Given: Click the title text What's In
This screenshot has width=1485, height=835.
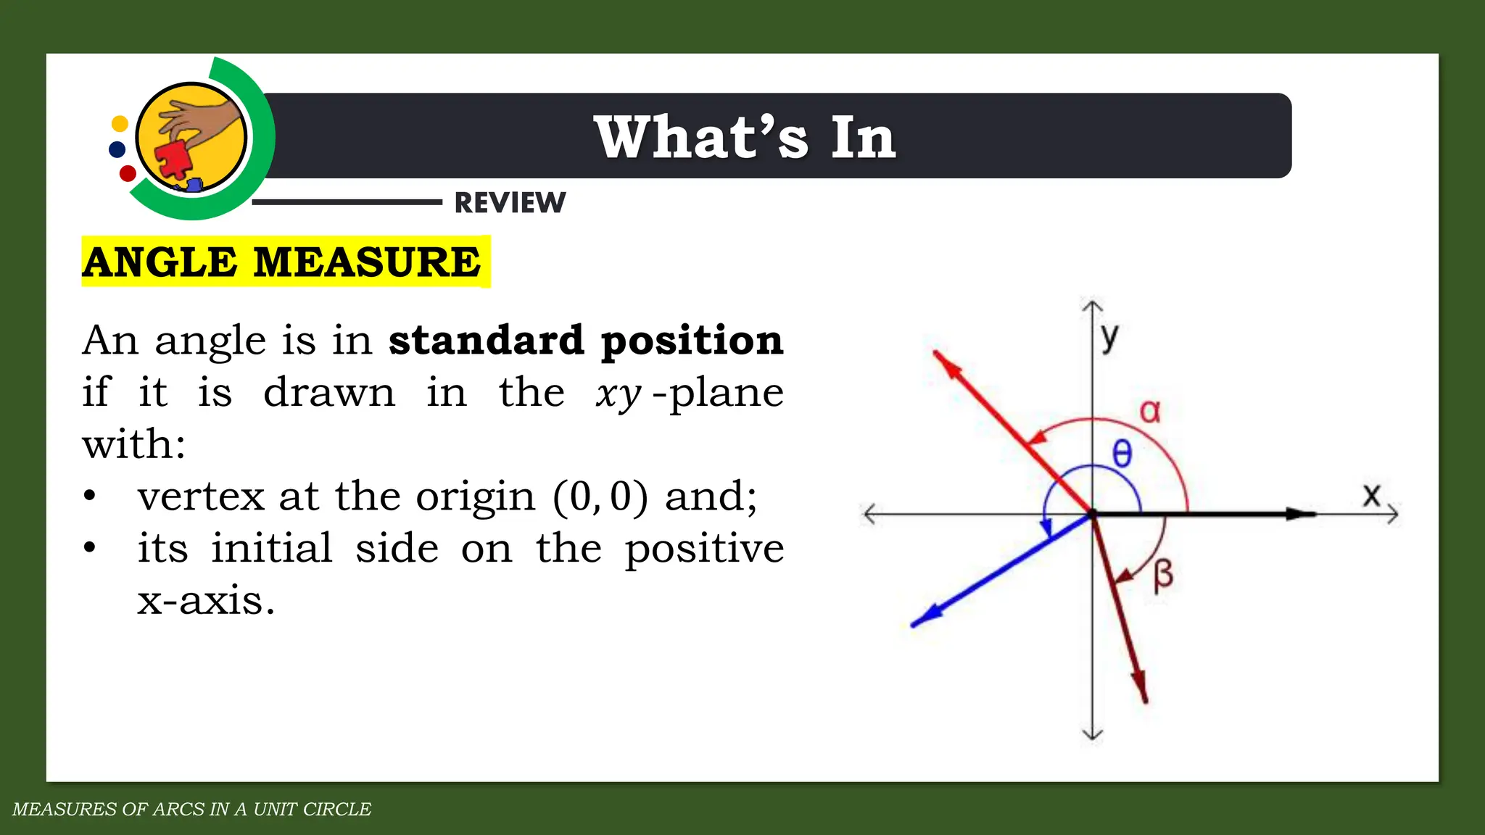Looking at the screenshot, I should [745, 137].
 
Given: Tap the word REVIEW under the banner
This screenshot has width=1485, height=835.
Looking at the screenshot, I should [510, 203].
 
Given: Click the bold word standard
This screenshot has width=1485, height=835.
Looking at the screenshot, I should [486, 340].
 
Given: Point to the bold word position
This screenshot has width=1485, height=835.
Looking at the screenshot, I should [692, 340].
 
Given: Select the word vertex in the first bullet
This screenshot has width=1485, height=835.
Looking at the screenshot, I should [201, 497].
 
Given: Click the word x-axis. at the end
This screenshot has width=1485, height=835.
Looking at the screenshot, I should [206, 601].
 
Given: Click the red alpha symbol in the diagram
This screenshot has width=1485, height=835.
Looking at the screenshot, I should [1150, 411].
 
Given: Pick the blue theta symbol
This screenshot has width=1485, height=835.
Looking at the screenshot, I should [1122, 454].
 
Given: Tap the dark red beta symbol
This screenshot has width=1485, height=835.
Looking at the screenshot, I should [1162, 576].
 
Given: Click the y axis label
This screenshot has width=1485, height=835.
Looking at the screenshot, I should [1109, 336].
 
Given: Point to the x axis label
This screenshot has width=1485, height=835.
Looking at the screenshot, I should [1370, 495].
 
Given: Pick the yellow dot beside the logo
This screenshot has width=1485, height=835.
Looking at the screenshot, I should [120, 124].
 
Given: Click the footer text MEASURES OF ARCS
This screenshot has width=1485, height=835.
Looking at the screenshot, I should [191, 809].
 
